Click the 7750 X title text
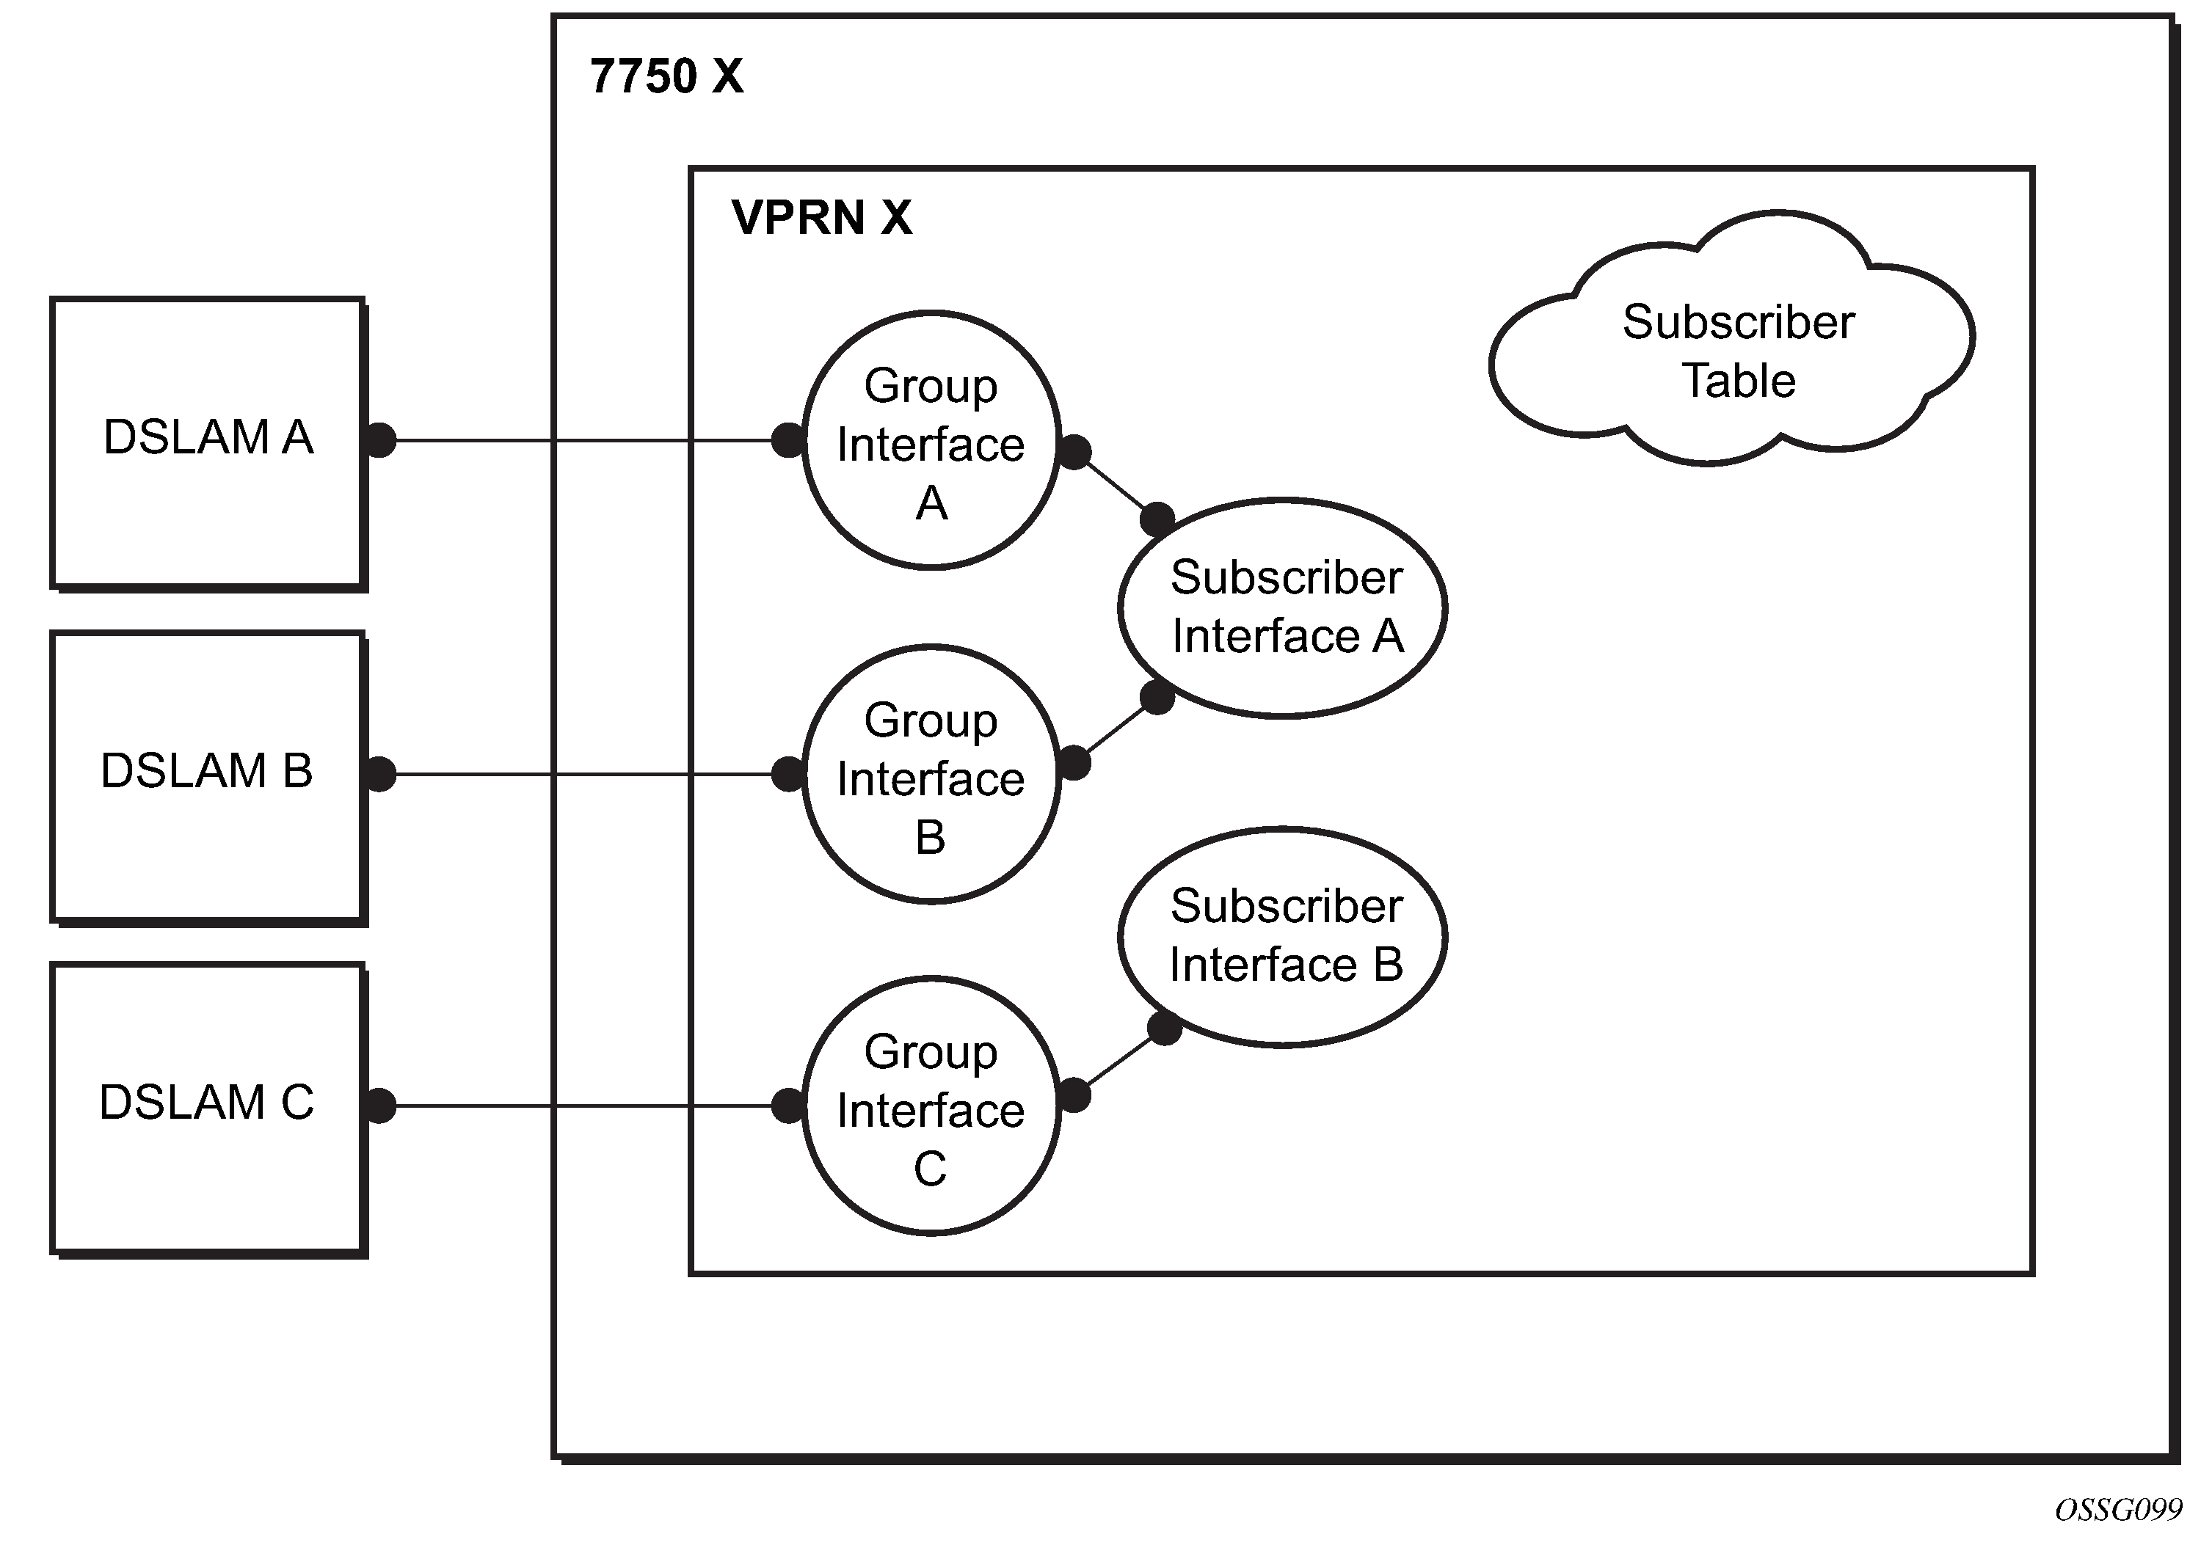click(x=666, y=77)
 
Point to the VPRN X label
click(x=821, y=218)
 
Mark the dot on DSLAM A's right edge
click(x=381, y=441)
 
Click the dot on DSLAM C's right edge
click(x=381, y=1106)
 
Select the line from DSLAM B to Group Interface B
click(x=585, y=775)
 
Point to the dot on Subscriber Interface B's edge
click(x=1165, y=1029)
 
